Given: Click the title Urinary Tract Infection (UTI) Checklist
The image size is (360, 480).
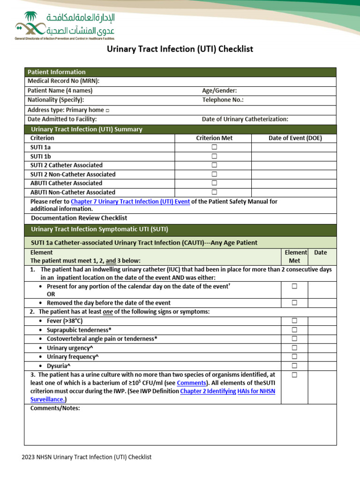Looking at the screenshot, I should [180, 49].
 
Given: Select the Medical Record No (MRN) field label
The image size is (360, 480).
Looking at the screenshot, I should [63, 81].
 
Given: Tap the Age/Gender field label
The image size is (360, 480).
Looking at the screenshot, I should [219, 90].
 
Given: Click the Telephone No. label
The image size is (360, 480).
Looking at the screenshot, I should [223, 100].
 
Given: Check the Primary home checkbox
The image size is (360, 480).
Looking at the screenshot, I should [107, 110].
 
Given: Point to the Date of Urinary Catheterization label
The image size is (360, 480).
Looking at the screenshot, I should [245, 120].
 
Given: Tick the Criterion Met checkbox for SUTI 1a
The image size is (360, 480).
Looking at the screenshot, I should [214, 147].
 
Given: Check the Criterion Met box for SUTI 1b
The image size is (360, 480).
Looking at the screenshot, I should [214, 156].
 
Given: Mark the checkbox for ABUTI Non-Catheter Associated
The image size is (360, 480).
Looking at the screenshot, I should [214, 192].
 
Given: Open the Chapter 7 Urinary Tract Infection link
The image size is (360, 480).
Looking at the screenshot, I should [130, 202].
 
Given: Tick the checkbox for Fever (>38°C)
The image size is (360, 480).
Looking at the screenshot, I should [294, 321].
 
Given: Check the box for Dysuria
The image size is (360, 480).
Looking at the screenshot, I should [294, 366].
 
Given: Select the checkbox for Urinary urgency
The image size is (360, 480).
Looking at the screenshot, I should [294, 348].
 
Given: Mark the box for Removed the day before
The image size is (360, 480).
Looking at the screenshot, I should [294, 303].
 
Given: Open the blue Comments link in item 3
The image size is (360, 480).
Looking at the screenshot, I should [191, 383].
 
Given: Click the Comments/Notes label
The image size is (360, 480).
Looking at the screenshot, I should [55, 408].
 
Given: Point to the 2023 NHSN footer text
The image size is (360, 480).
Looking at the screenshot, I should [87, 457].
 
